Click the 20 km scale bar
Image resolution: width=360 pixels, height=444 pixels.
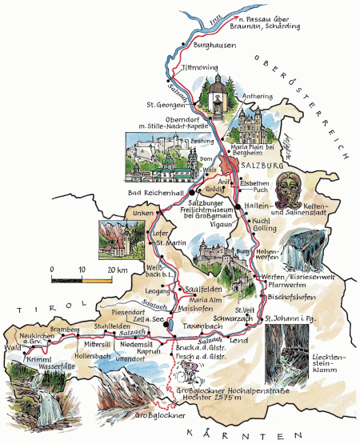[x=81, y=280]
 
